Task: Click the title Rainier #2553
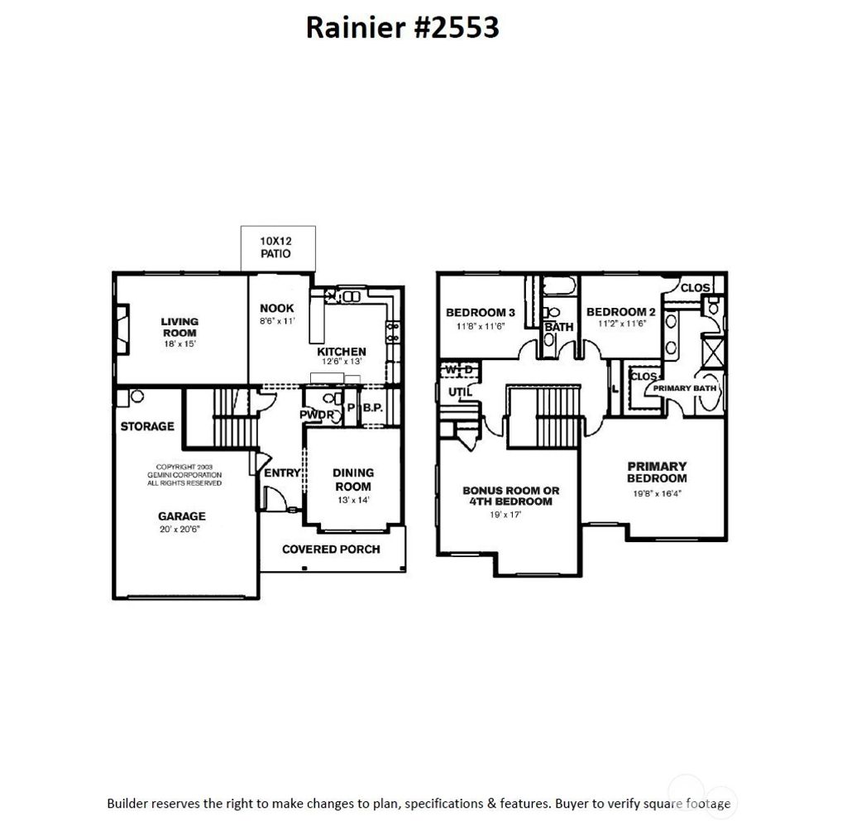[402, 27]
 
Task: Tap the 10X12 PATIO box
[277, 247]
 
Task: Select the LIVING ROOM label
[179, 327]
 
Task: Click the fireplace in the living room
[122, 329]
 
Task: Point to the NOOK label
[276, 308]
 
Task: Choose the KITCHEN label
[342, 352]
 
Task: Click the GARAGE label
[181, 516]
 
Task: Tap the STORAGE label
[147, 426]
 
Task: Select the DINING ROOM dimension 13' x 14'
[352, 499]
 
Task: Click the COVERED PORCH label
[331, 549]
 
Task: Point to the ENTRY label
[283, 473]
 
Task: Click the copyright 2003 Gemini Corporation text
[181, 475]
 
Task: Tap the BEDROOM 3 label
[481, 312]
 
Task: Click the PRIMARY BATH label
[685, 387]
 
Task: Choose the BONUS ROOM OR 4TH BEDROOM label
[510, 496]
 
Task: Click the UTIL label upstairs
[460, 391]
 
